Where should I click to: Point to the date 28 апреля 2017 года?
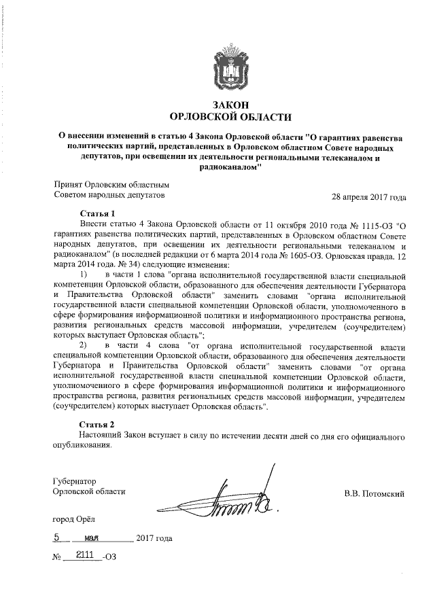pos(369,198)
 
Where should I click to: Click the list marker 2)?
pos(85,347)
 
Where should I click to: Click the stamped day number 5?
pos(58,538)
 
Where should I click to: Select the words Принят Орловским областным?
pos(110,183)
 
